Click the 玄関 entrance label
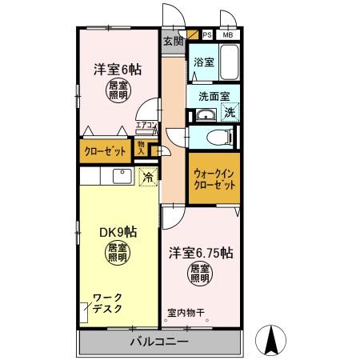pos(173,42)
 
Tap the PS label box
pos(207,35)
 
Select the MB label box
pos(228,35)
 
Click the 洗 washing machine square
pos(230,114)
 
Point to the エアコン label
pos(146,125)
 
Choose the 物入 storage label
pos(142,147)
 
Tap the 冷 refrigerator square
pos(147,178)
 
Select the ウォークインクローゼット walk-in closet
pos(214,178)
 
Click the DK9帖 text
pos(118,232)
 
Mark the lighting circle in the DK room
pos(118,254)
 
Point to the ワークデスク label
pos(107,303)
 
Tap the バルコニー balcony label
pos(159,342)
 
